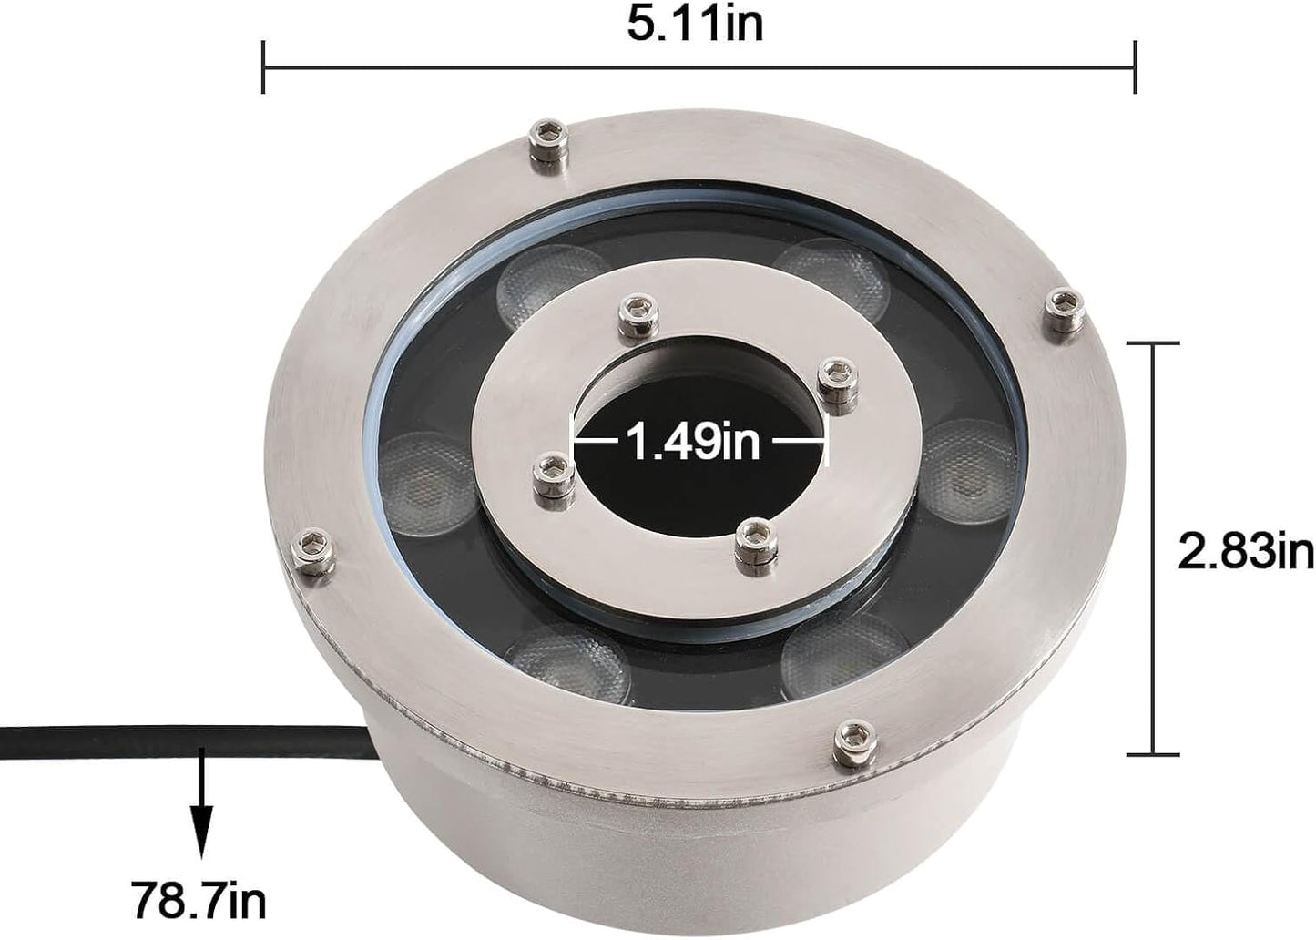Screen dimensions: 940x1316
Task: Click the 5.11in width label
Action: click(x=694, y=24)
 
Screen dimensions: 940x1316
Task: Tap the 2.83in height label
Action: click(x=1245, y=551)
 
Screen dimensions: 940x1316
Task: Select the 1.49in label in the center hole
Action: click(x=692, y=443)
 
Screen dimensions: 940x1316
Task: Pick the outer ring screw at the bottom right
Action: click(x=855, y=740)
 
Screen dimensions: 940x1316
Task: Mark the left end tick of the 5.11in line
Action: click(x=263, y=66)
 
